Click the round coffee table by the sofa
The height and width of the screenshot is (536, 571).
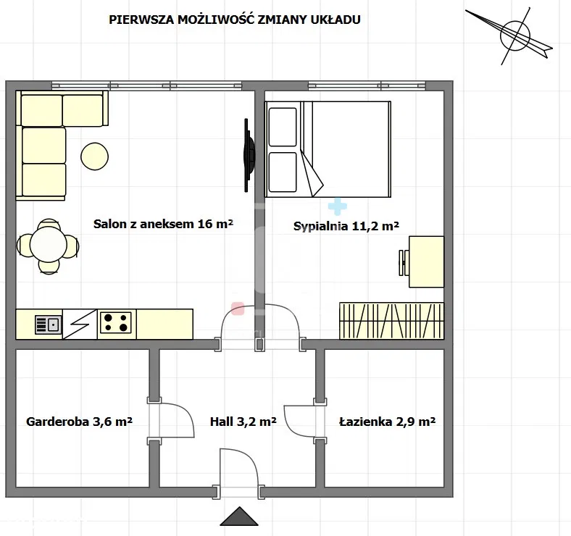95,156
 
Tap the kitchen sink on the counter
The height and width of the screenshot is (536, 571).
48,324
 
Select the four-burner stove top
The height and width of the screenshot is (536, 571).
116,322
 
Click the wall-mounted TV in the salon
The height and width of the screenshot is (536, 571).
249,155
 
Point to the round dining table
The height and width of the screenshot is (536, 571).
49,245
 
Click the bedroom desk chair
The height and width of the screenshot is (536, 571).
404,262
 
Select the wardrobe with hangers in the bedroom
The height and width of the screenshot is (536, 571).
391,321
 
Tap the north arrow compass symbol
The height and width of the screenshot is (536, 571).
514,35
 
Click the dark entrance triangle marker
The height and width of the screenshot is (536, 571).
239,516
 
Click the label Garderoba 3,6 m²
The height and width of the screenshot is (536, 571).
79,422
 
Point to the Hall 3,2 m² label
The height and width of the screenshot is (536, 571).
243,422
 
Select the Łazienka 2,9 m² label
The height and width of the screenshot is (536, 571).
387,422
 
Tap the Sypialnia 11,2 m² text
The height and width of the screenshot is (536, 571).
346,226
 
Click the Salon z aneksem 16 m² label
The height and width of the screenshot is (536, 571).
163,224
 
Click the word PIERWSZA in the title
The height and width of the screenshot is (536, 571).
141,20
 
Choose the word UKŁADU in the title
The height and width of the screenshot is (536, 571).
335,20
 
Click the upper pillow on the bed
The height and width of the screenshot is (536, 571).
282,127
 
